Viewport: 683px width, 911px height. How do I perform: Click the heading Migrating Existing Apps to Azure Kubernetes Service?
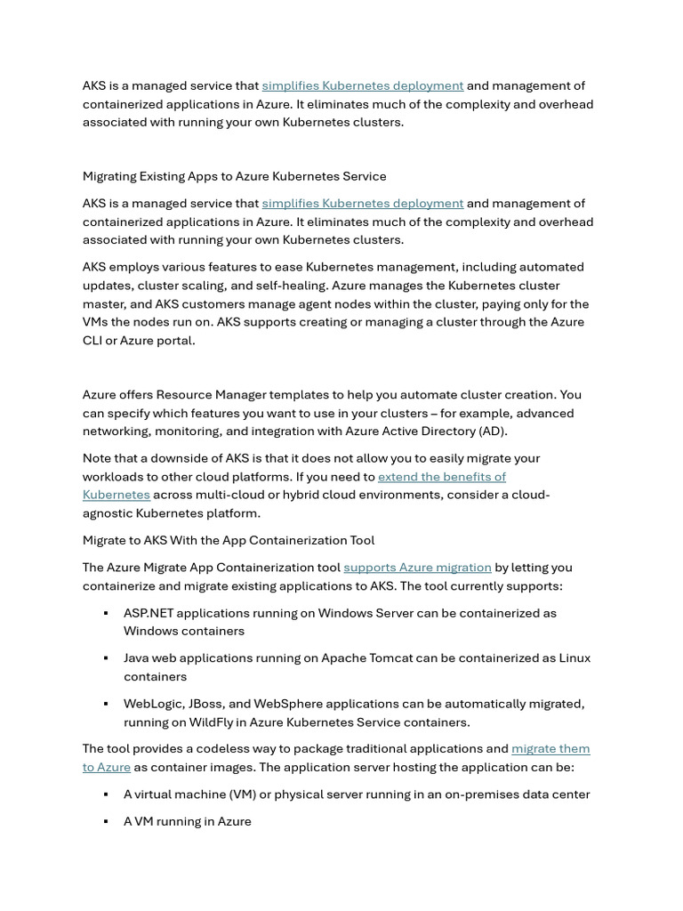234,176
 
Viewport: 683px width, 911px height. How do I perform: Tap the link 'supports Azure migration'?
417,568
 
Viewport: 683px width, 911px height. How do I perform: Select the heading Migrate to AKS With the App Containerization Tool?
229,540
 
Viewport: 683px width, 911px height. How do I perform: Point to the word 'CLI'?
94,340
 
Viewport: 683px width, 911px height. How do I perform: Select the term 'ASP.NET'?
149,613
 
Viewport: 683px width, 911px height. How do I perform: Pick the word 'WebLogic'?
154,704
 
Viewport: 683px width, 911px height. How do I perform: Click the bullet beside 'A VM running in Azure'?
106,822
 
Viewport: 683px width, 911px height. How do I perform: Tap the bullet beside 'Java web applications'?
106,658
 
